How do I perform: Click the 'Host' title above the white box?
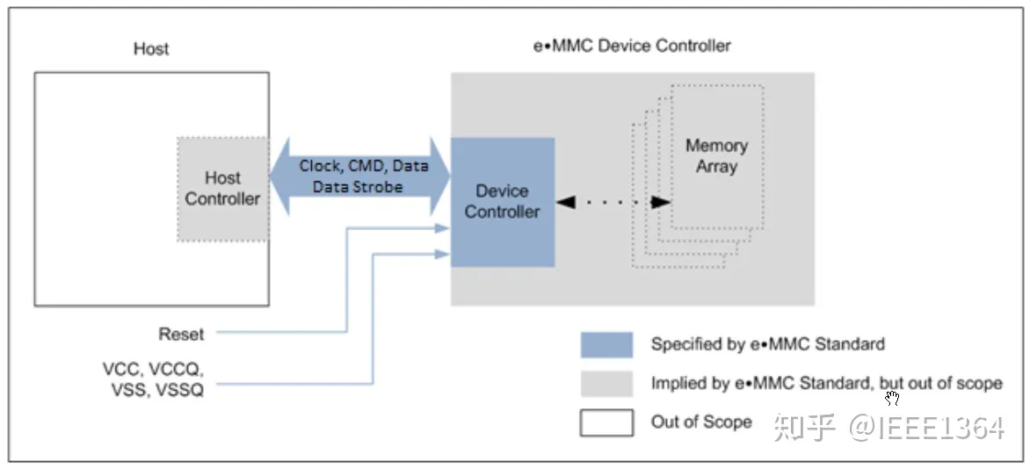click(150, 49)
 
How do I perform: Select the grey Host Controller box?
click(222, 189)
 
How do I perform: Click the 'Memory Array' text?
click(716, 155)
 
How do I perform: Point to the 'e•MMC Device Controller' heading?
click(632, 46)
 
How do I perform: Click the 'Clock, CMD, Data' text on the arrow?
click(363, 166)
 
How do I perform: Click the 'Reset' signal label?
click(181, 335)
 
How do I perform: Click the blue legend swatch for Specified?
click(606, 344)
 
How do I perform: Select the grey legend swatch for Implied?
click(606, 384)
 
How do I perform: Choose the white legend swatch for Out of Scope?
click(606, 422)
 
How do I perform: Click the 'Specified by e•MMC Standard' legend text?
click(767, 344)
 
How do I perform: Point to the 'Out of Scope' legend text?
click(700, 422)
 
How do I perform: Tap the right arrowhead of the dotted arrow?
click(660, 202)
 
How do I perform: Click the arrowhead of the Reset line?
click(443, 229)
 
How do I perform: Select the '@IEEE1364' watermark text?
click(925, 428)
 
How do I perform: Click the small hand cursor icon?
click(892, 399)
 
